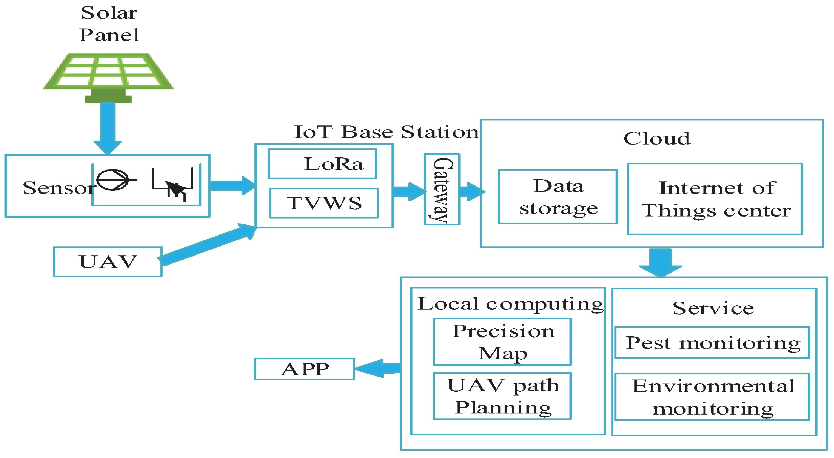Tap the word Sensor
[x=58, y=188]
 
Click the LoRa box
[x=323, y=164]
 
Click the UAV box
[x=108, y=262]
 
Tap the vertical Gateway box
[x=442, y=189]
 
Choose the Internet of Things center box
[x=715, y=199]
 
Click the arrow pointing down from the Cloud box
[x=661, y=262]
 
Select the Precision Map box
[x=502, y=342]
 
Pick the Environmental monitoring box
[x=712, y=397]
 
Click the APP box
[x=304, y=369]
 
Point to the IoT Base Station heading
[x=386, y=132]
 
